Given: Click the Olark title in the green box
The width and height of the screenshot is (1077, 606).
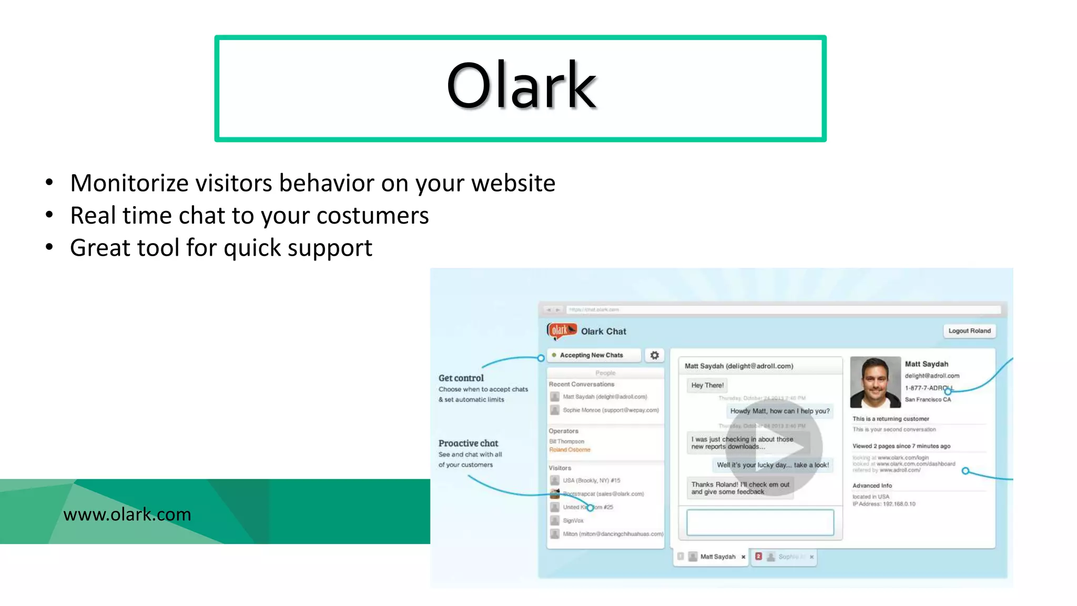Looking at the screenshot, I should pyautogui.click(x=521, y=86).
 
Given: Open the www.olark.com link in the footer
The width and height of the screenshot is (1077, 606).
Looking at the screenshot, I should pyautogui.click(x=127, y=514).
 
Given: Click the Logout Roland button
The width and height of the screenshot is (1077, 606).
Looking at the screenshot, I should pyautogui.click(x=969, y=331).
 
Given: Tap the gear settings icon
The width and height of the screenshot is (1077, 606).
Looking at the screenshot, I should pyautogui.click(x=654, y=355).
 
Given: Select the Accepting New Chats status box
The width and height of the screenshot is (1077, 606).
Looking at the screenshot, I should pyautogui.click(x=594, y=355).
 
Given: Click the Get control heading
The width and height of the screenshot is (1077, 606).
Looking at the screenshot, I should pyautogui.click(x=461, y=378).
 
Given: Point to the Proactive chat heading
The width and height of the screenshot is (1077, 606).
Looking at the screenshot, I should pyautogui.click(x=468, y=443).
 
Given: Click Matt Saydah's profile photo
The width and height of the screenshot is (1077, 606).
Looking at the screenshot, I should pyautogui.click(x=875, y=382).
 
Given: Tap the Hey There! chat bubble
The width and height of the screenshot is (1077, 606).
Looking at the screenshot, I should pyautogui.click(x=707, y=385).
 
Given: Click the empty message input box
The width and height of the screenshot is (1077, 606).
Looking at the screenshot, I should pyautogui.click(x=760, y=522).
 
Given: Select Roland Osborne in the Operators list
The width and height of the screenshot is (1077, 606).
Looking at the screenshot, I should pyautogui.click(x=570, y=450).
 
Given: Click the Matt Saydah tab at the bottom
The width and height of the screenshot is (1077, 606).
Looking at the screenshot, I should pyautogui.click(x=717, y=557).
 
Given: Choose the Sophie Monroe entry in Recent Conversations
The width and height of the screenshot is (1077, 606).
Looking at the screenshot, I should pyautogui.click(x=610, y=410).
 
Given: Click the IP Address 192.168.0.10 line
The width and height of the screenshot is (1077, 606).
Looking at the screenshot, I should pyautogui.click(x=884, y=504).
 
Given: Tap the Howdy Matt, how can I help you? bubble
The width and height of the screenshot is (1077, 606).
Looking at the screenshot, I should pyautogui.click(x=779, y=411).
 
